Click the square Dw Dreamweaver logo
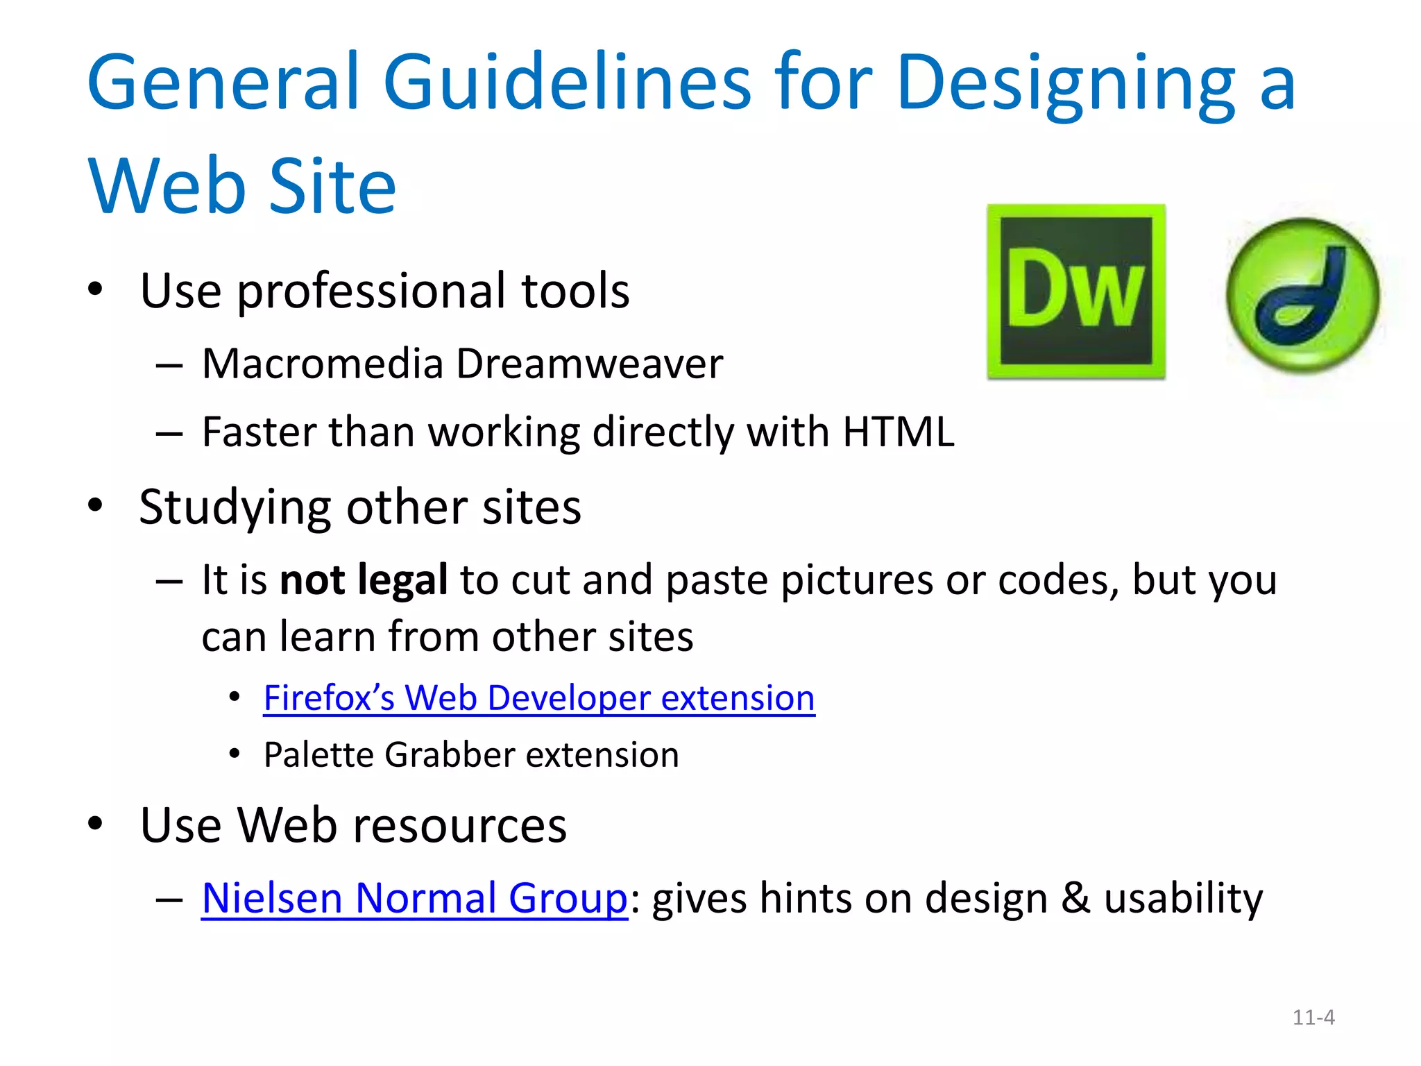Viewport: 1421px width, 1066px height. click(1076, 291)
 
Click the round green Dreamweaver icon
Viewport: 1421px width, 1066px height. click(1302, 296)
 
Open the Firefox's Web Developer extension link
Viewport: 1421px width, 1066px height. click(539, 697)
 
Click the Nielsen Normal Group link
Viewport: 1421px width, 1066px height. click(414, 898)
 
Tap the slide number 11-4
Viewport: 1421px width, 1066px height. click(1313, 1017)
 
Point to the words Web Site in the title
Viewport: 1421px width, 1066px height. click(242, 186)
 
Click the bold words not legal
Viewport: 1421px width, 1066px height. click(364, 579)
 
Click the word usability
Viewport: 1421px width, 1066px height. click(1183, 899)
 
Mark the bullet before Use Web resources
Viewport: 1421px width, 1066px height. click(95, 824)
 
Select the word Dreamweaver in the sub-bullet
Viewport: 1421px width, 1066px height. click(590, 364)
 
